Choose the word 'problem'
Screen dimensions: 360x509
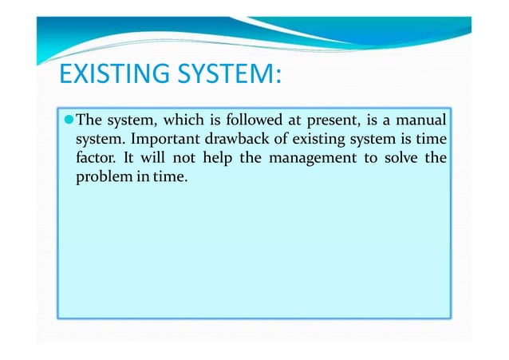coord(101,176)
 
